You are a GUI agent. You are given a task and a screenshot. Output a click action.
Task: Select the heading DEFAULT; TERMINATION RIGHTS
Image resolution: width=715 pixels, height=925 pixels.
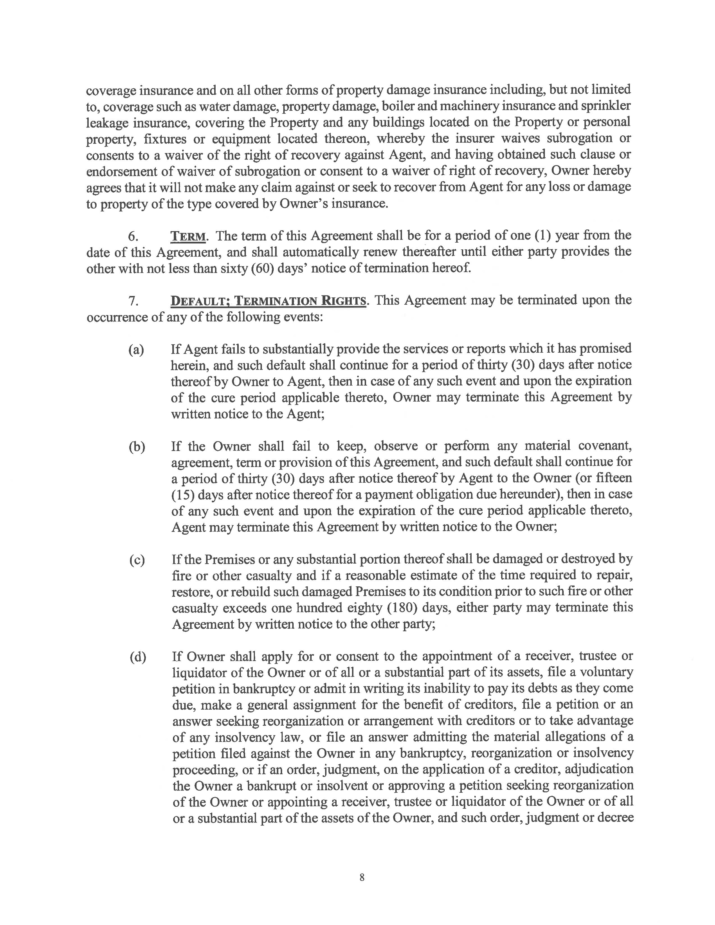click(268, 301)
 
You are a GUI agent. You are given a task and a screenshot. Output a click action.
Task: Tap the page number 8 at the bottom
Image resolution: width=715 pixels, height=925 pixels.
click(362, 877)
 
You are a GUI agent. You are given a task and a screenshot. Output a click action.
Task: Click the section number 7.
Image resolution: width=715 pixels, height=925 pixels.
click(133, 301)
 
